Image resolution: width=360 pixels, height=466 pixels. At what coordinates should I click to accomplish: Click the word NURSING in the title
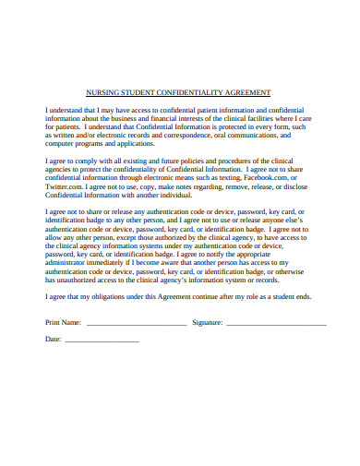coord(99,92)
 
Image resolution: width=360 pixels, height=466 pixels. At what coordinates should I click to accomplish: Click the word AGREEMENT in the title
coord(243,92)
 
